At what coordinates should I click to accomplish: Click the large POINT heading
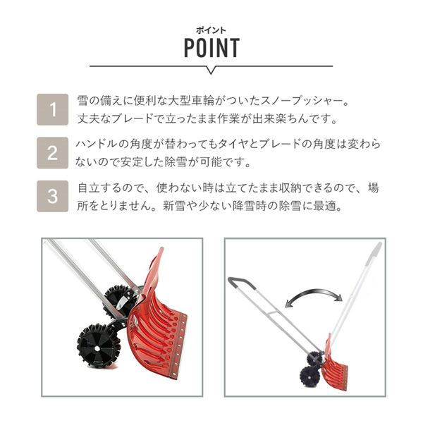tap(211, 48)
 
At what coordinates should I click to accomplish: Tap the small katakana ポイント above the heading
tap(211, 30)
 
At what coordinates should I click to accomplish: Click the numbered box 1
tap(53, 109)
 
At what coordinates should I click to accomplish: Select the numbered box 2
tap(53, 153)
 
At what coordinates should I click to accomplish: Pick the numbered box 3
tap(53, 196)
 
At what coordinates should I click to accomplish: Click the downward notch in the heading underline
tap(211, 70)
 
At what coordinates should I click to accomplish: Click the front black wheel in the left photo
tap(99, 346)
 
